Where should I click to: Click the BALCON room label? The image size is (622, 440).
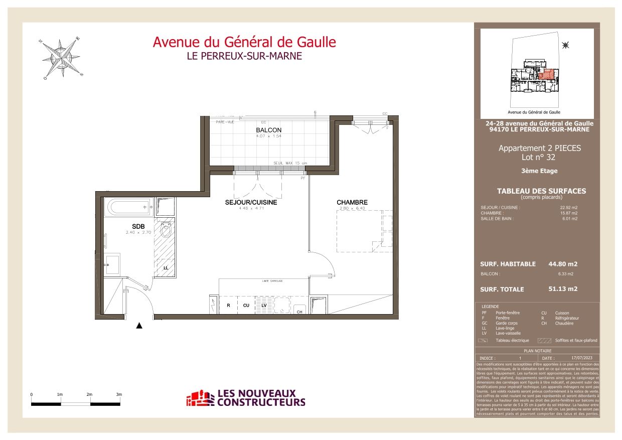point(269,130)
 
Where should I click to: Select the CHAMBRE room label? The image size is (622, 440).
point(352,203)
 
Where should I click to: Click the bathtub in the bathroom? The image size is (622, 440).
point(128,207)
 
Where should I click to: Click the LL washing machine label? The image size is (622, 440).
point(166,268)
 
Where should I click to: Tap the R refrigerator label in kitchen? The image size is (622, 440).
point(228,305)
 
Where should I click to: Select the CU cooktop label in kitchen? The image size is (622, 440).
point(246,305)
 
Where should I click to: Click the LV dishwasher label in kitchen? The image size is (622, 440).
point(264,305)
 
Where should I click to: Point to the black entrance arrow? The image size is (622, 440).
point(139,326)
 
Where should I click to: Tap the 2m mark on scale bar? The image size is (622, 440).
point(89,395)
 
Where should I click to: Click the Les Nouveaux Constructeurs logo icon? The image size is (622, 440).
point(200,399)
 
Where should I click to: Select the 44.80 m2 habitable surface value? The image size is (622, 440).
point(563,264)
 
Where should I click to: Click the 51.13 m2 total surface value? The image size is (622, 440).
point(563,289)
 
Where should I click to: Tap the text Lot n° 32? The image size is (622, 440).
point(539,157)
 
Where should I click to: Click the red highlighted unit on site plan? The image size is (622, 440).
point(547,75)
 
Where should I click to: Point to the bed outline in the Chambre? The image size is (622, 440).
point(364,231)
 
